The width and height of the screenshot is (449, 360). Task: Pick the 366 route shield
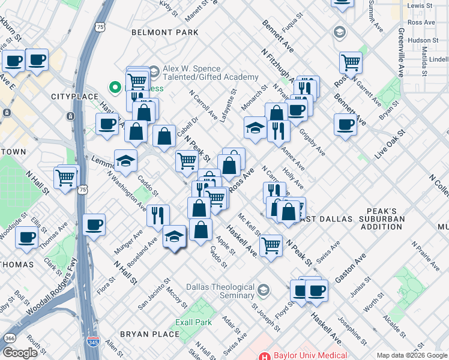(x=10, y=338)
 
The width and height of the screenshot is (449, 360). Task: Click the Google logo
(x=20, y=353)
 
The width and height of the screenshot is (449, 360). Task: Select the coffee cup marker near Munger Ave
(x=94, y=225)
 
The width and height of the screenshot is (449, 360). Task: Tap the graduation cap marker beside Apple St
(x=175, y=236)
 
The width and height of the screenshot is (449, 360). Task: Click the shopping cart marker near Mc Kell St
(x=271, y=244)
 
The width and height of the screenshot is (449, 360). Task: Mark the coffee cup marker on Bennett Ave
(x=345, y=124)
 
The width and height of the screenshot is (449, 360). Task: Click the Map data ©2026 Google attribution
(x=411, y=355)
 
